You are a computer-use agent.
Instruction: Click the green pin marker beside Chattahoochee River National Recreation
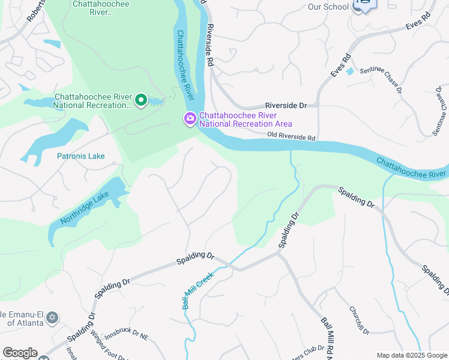click(x=141, y=100)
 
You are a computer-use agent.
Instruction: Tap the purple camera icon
click(x=190, y=119)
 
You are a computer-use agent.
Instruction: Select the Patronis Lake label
click(x=80, y=156)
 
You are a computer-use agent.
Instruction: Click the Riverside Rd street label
click(x=210, y=46)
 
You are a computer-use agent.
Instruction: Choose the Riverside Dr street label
click(x=286, y=106)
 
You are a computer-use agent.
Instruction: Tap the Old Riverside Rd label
click(x=291, y=137)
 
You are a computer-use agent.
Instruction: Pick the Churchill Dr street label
click(x=358, y=320)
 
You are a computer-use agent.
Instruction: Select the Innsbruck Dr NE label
click(x=126, y=337)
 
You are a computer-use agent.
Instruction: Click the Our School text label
click(x=328, y=7)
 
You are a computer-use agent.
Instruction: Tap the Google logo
click(x=20, y=353)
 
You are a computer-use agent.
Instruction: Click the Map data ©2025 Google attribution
click(x=412, y=355)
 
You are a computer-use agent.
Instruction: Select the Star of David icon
click(x=52, y=317)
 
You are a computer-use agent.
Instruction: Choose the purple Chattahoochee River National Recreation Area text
click(x=246, y=119)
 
